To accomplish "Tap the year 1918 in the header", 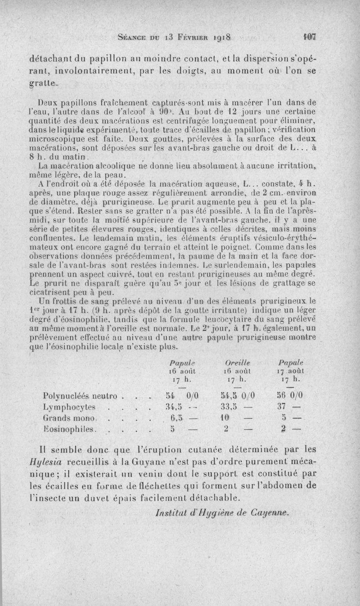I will (219, 38).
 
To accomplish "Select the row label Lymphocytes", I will (69, 407).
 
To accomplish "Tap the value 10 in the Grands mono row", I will (225, 418).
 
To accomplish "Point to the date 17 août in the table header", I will (291, 358).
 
